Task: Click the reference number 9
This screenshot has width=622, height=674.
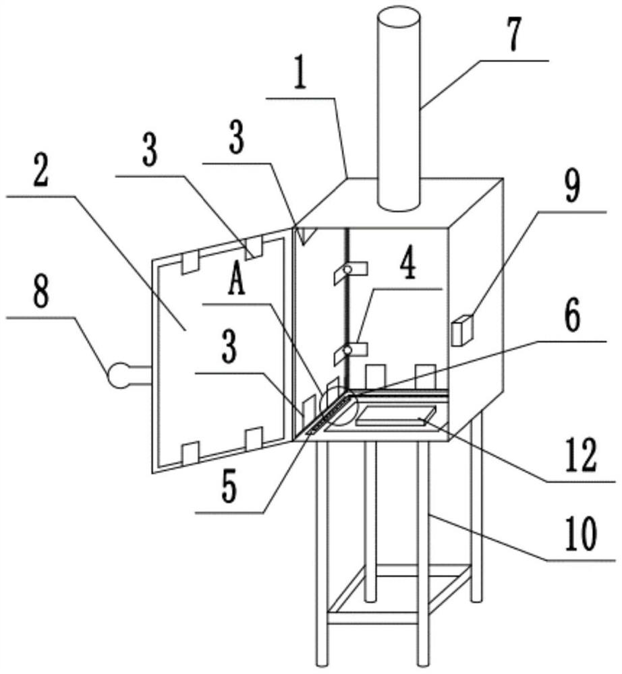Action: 571,186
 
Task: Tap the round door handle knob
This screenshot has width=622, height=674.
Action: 121,375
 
